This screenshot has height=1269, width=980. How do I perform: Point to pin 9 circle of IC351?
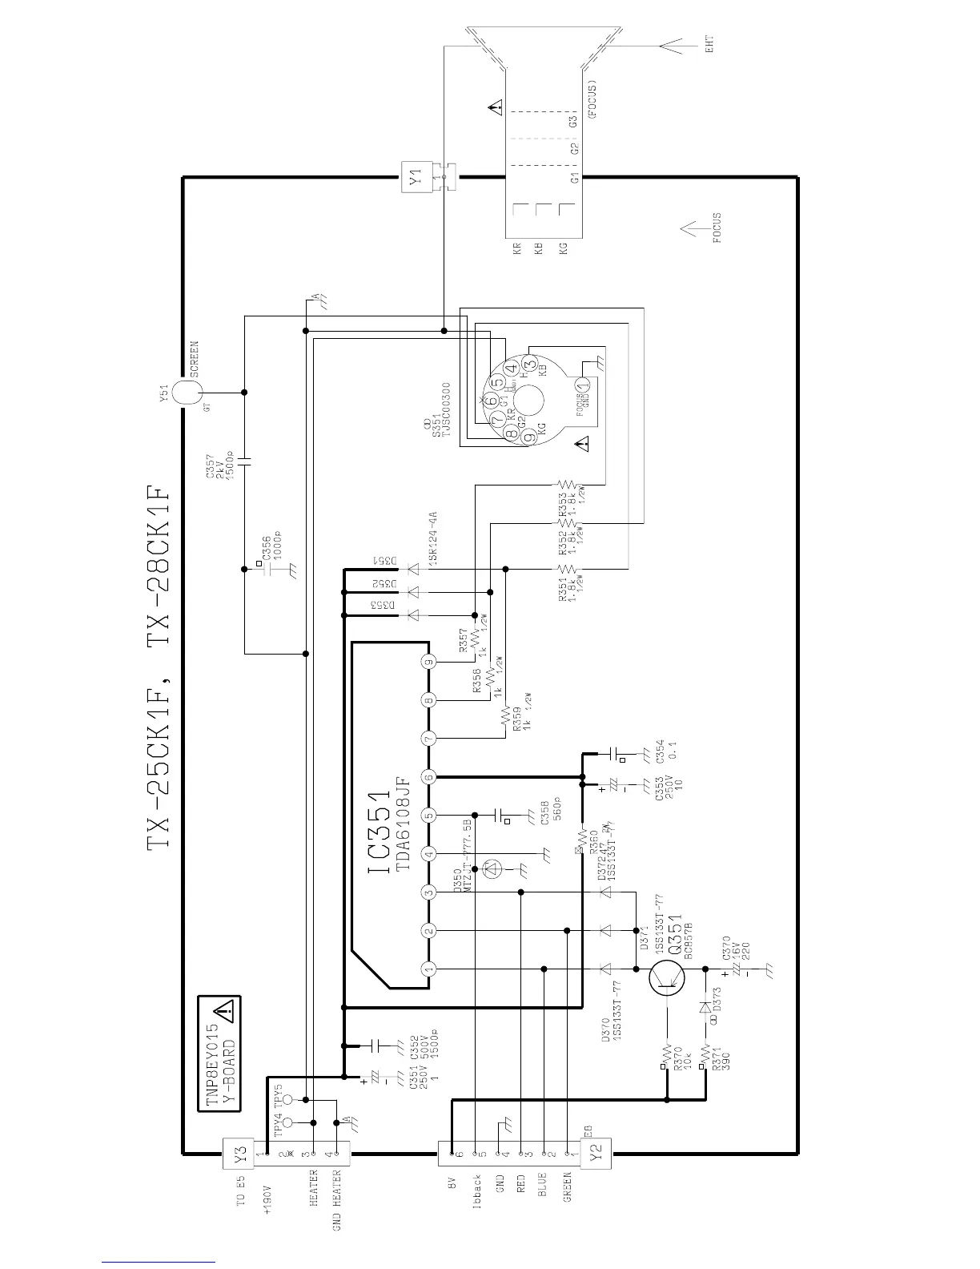point(429,663)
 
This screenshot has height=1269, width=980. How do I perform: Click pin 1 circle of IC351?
point(429,969)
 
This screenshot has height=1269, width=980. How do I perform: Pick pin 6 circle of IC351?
point(429,777)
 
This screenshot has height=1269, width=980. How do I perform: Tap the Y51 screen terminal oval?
point(184,393)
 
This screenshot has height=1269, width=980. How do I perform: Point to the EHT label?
point(709,44)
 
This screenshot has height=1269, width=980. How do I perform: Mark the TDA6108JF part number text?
point(403,823)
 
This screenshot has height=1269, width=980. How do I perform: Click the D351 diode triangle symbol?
point(413,569)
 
